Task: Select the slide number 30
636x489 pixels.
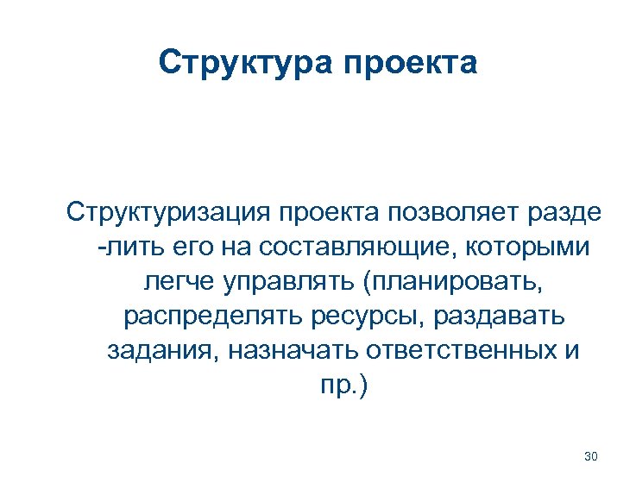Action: click(x=591, y=456)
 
